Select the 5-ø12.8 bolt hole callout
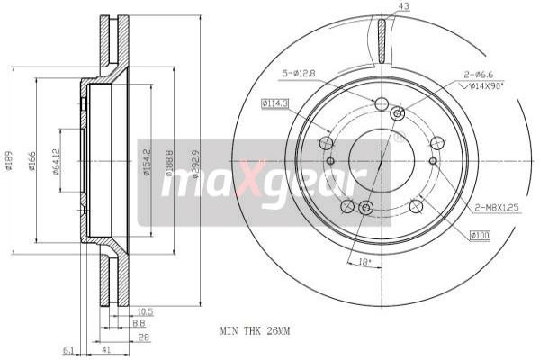(301, 73)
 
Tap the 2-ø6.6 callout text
(479, 74)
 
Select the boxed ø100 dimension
(481, 235)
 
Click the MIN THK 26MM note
(255, 331)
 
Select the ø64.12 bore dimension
(56, 162)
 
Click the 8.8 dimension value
(139, 322)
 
